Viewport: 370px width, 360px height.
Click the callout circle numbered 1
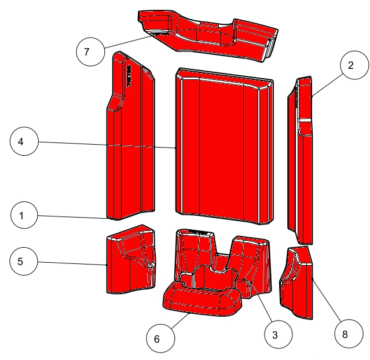[21, 216]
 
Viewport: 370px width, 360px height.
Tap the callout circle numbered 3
[274, 334]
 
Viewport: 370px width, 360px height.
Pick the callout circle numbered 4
[21, 142]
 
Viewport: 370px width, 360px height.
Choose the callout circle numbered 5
[21, 262]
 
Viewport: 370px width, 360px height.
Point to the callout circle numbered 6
[156, 339]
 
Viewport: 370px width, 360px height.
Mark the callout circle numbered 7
[86, 52]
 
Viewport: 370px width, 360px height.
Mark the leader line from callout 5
[72, 263]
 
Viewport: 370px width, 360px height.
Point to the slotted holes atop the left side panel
[129, 72]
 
